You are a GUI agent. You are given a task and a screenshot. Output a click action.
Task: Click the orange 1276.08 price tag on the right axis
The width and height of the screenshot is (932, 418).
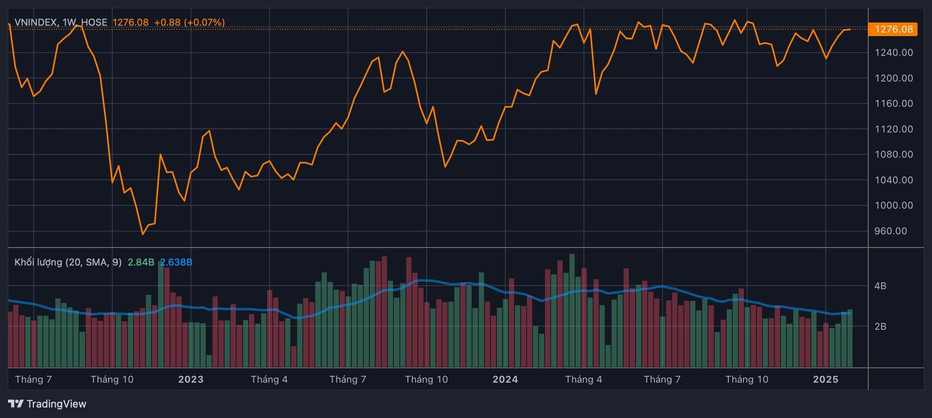coord(894,29)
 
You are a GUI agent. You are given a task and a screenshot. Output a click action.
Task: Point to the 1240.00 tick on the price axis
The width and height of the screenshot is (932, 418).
coord(894,52)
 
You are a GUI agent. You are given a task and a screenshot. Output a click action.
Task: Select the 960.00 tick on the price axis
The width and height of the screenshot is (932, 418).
coord(891,231)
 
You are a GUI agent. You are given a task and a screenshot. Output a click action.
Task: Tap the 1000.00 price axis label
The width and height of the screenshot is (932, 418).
coord(894,205)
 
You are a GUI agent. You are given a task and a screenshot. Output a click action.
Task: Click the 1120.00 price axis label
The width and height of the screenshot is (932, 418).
coord(894,129)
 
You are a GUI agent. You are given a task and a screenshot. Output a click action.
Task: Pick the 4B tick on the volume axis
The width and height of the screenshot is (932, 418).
coord(880,286)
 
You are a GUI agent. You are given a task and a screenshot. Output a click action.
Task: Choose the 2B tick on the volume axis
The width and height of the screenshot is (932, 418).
coord(880,326)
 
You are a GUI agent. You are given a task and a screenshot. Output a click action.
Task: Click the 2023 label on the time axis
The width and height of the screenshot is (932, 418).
coord(191,379)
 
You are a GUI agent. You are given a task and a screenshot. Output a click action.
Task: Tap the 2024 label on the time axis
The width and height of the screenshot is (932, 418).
coord(505,379)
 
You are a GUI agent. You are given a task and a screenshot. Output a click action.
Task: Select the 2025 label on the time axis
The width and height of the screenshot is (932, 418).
coord(826,379)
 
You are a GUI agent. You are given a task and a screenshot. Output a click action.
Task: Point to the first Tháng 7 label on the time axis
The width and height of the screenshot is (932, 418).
coord(33,379)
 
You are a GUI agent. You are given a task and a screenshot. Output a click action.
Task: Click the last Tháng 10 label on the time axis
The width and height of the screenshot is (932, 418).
coord(747,379)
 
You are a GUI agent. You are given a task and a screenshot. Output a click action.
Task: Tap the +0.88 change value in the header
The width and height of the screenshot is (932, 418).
coord(167,22)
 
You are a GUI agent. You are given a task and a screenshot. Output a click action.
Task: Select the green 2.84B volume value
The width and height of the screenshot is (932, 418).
coord(141,262)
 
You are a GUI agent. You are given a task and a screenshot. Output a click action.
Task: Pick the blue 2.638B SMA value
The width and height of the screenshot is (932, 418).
coord(176,262)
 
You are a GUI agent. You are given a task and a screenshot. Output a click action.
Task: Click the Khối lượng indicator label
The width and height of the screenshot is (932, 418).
coord(38,262)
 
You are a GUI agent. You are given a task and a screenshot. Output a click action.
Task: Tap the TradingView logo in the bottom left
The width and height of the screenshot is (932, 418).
coord(47,404)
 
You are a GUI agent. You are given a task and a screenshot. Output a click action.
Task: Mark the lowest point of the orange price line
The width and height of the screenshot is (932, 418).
coord(143,234)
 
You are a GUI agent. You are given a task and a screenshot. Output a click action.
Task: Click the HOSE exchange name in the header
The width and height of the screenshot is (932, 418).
coord(94,22)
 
